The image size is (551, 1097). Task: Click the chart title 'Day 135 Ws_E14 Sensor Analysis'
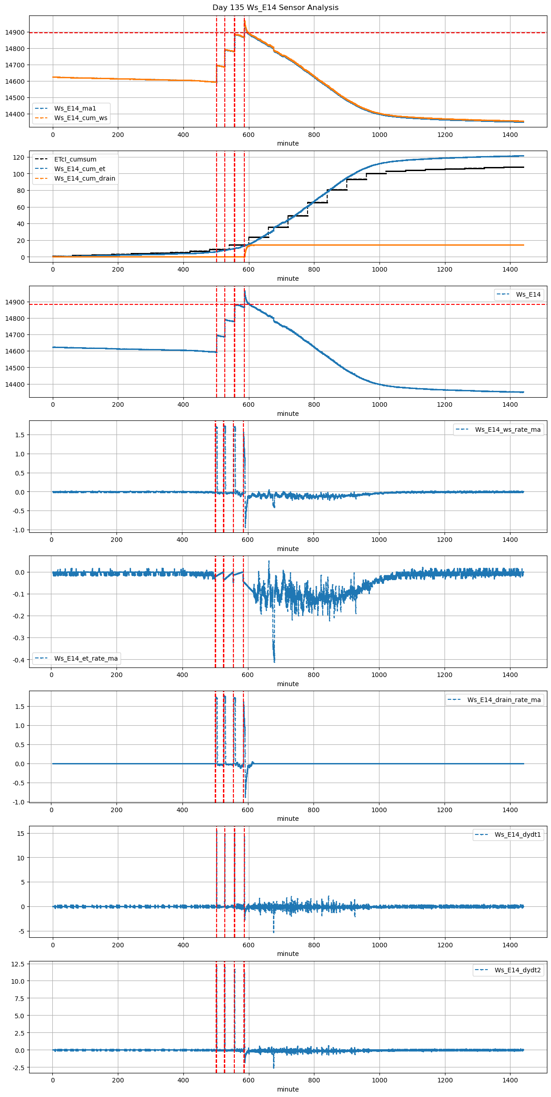(275, 7)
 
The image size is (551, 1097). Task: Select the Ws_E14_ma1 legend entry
(75, 108)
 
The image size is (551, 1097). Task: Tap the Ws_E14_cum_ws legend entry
(81, 118)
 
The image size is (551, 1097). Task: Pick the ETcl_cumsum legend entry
(75, 159)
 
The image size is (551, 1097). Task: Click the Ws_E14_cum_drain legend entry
(85, 178)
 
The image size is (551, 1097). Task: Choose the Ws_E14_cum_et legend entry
(80, 169)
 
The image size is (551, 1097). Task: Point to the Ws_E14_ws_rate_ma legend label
(508, 430)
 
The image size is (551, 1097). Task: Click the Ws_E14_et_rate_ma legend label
(86, 658)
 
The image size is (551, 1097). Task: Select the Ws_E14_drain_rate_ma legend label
(504, 700)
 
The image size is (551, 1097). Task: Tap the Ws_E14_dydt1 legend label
(518, 834)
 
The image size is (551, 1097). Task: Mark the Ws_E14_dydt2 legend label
(518, 970)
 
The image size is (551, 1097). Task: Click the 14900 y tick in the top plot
(15, 32)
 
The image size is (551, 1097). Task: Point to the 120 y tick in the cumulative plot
(19, 157)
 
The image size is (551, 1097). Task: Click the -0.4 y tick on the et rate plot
(19, 660)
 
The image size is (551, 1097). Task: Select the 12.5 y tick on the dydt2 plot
(17, 964)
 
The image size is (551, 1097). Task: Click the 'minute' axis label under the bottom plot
(288, 1089)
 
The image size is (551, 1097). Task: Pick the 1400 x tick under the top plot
(510, 135)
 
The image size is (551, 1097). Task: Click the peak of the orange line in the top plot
(244, 20)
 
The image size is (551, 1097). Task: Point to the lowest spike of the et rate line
(274, 661)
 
